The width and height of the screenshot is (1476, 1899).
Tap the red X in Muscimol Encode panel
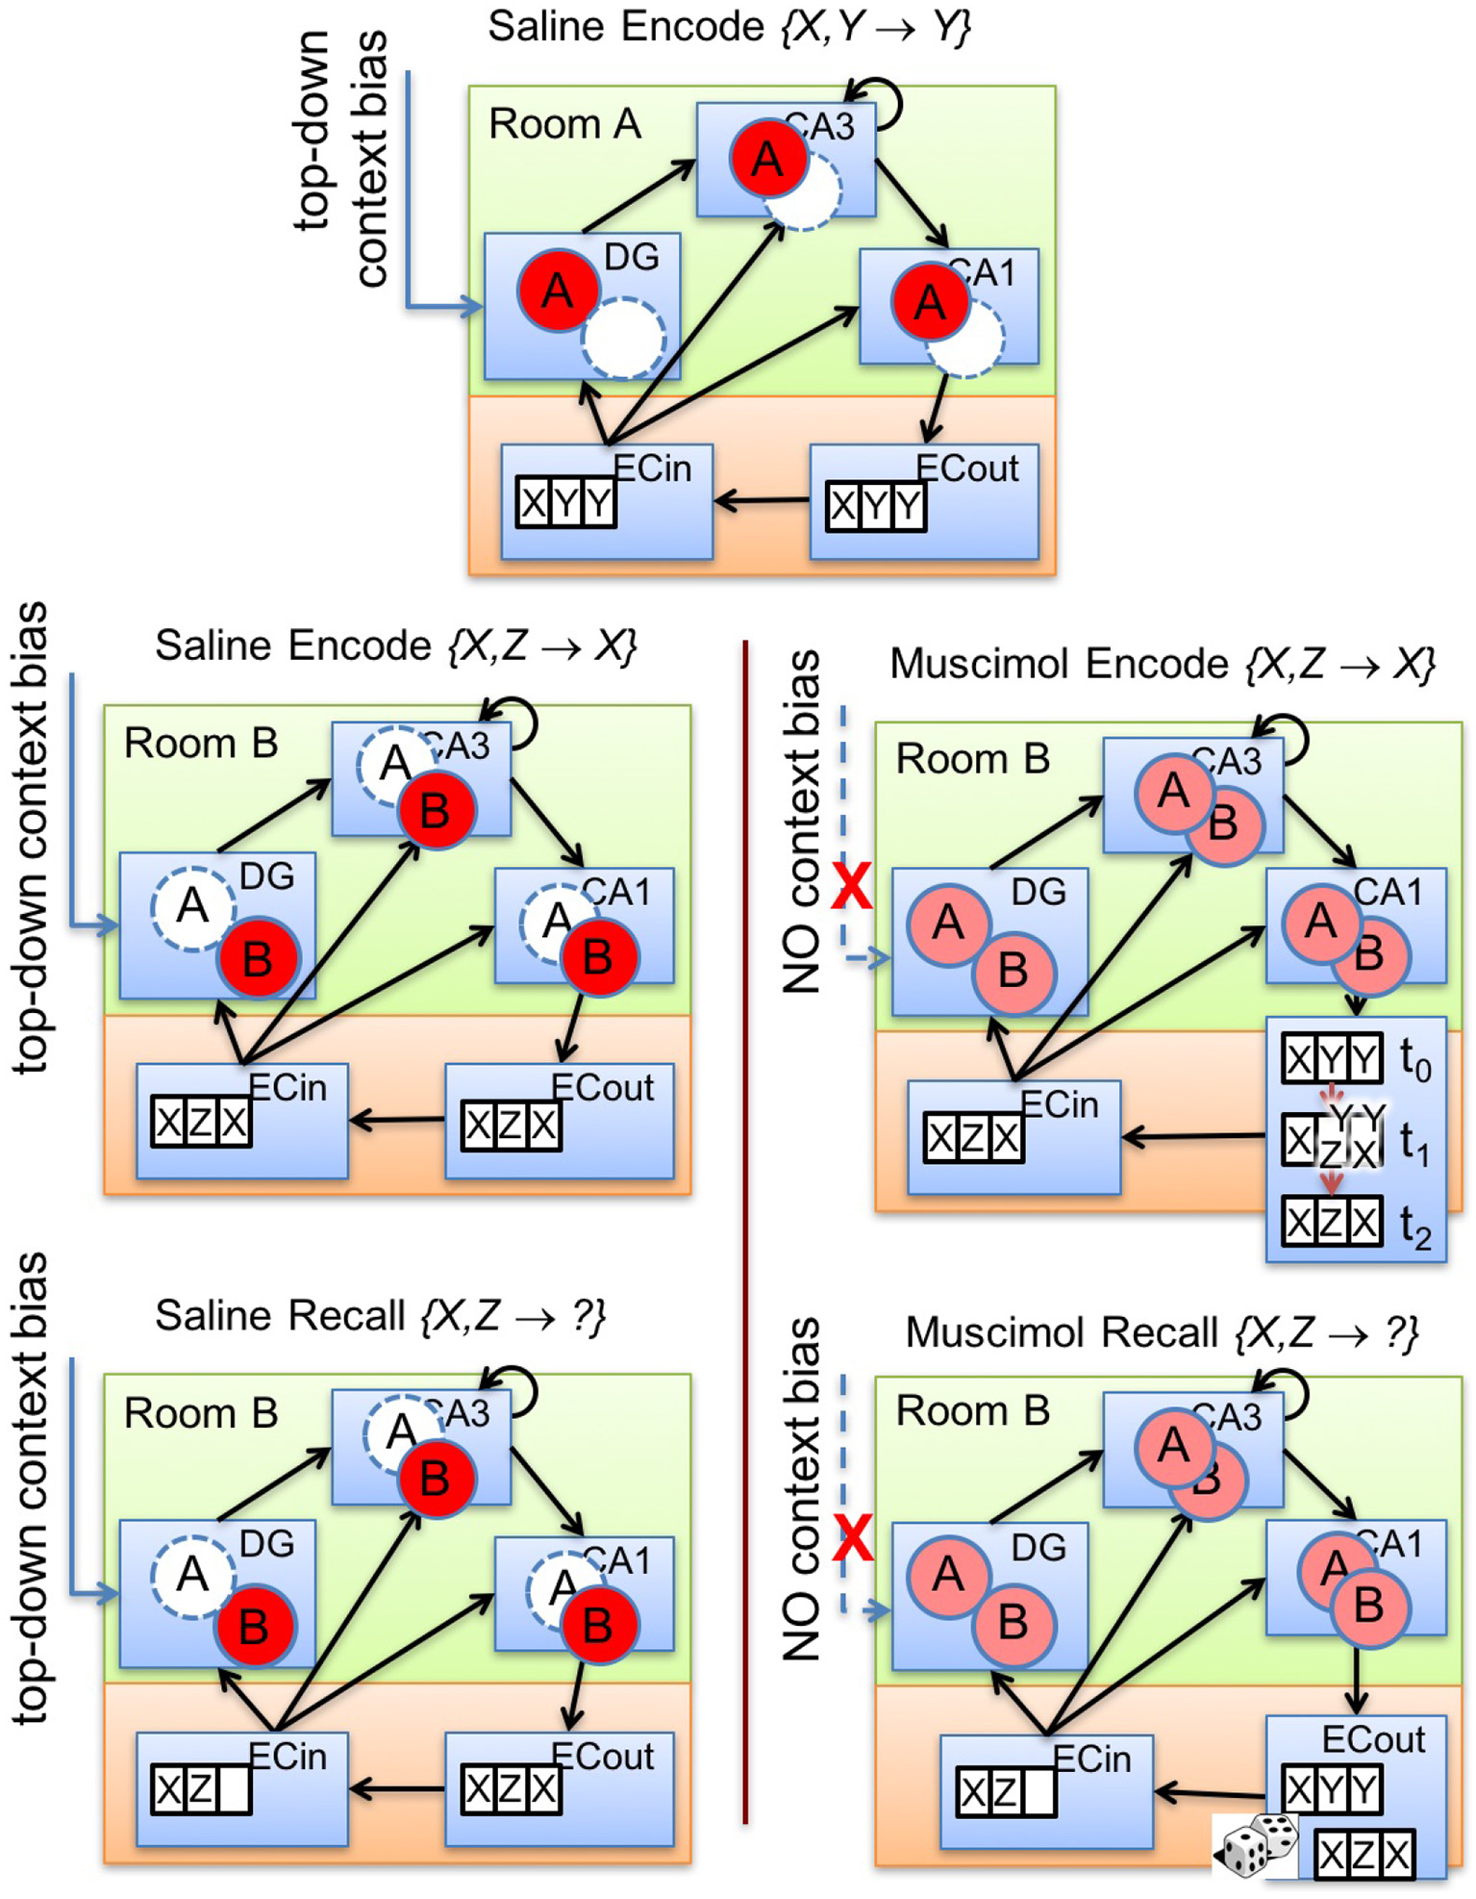[852, 886]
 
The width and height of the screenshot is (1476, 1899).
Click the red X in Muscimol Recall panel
[852, 1536]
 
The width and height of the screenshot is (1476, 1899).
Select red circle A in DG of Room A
[559, 290]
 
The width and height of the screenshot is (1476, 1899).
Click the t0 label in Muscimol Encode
[1414, 1060]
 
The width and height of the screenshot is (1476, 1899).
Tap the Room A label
[564, 124]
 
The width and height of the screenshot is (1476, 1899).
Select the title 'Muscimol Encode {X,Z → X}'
[1163, 664]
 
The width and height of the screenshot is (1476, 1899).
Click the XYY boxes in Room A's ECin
[565, 502]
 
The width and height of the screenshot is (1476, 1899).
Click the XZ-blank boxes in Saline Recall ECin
[201, 1789]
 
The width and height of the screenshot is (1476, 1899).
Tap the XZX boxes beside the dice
[1364, 1855]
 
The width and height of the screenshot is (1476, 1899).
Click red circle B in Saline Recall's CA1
[598, 1625]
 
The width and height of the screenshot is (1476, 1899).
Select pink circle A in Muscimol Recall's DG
[948, 1574]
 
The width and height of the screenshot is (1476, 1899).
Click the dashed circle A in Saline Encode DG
[192, 907]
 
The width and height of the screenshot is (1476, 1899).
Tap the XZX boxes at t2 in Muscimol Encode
[1332, 1222]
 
